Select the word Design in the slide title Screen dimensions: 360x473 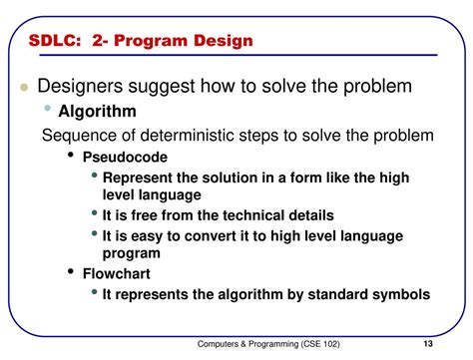tap(223, 41)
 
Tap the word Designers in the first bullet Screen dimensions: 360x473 tap(84, 87)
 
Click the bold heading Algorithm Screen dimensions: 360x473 tap(97, 112)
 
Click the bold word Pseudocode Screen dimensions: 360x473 tap(125, 157)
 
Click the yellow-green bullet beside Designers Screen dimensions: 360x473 tap(23, 88)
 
